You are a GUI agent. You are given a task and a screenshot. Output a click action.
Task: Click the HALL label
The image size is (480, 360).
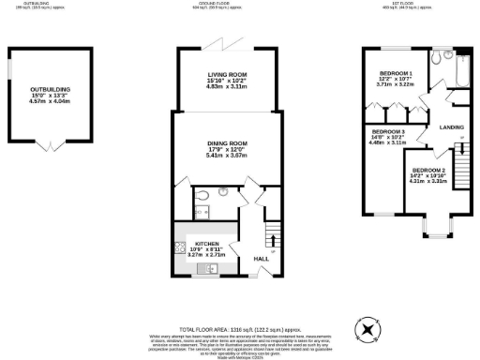(262, 258)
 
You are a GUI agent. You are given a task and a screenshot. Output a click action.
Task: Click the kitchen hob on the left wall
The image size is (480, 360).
(179, 249)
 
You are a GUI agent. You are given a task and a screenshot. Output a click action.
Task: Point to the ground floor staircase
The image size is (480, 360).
(273, 231)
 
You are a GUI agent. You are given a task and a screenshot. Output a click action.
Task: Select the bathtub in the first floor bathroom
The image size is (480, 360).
(460, 67)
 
